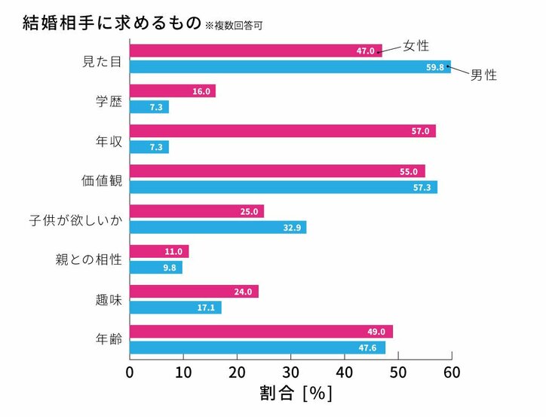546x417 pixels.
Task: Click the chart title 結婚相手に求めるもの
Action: tap(112, 23)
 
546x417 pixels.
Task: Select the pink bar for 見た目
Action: tap(256, 51)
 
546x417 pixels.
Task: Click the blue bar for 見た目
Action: tap(290, 66)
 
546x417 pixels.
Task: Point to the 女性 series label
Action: tap(416, 46)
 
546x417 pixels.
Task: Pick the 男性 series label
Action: tap(483, 75)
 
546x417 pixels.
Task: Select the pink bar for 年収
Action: tap(282, 131)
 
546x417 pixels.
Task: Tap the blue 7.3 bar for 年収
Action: tap(149, 147)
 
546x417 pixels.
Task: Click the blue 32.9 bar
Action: tap(218, 227)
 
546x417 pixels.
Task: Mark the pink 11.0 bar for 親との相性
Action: tap(159, 251)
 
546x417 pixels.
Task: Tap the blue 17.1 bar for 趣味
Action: tap(176, 308)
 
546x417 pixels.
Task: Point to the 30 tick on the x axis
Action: tap(291, 372)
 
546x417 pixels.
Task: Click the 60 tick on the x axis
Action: tap(452, 372)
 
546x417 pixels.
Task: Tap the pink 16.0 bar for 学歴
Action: tap(173, 91)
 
